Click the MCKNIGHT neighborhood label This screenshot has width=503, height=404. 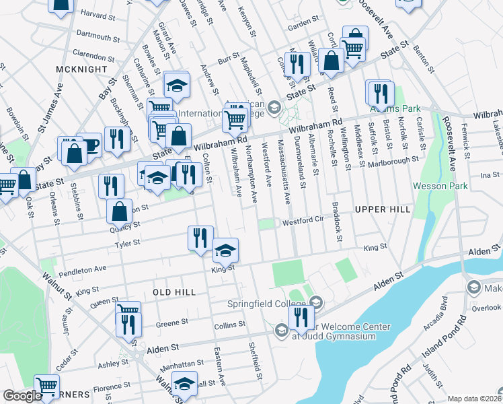(x=83, y=69)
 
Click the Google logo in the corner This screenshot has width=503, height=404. (x=22, y=396)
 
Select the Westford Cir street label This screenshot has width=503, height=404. (x=303, y=221)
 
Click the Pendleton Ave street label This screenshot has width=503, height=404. (x=83, y=269)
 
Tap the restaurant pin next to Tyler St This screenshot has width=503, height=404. (x=200, y=238)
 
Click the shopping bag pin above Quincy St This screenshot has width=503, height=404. (x=119, y=210)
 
